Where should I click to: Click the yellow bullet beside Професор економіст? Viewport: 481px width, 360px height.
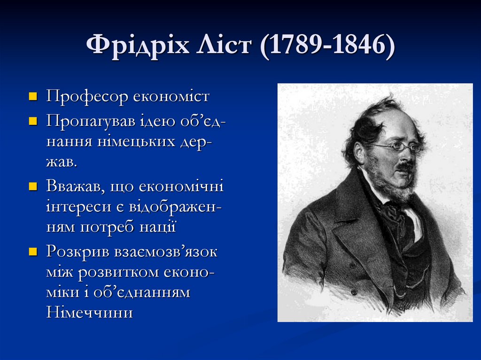pyautogui.click(x=33, y=97)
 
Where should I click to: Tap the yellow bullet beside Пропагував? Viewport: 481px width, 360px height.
pyautogui.click(x=33, y=121)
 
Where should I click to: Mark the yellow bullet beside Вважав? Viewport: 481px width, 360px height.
pyautogui.click(x=33, y=187)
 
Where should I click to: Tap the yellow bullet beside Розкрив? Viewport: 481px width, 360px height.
pyautogui.click(x=33, y=252)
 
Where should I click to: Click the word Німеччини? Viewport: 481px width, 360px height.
pyautogui.click(x=90, y=312)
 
